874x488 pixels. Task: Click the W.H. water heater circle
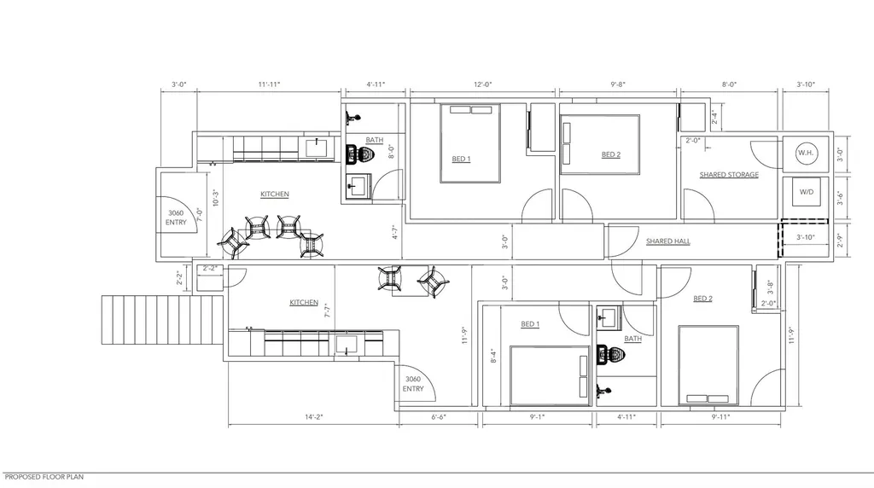pos(806,153)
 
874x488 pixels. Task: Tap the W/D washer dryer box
pos(806,192)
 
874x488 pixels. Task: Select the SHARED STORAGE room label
pos(729,174)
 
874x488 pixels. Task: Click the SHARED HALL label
pos(667,241)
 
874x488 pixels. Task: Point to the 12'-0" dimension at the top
pos(483,84)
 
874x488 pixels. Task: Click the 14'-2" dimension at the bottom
pos(314,416)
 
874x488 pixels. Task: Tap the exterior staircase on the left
pos(162,320)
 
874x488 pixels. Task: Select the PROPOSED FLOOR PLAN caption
pos(44,477)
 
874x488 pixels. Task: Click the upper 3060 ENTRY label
pos(176,218)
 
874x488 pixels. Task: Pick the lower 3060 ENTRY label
pos(413,384)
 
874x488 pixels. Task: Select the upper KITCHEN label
pos(275,194)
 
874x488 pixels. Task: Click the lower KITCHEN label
pos(304,303)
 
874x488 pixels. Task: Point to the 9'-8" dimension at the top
pos(618,84)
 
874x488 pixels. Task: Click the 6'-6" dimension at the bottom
pos(439,416)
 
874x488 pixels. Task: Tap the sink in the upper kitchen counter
pos(319,148)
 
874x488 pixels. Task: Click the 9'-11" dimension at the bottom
pos(720,416)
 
